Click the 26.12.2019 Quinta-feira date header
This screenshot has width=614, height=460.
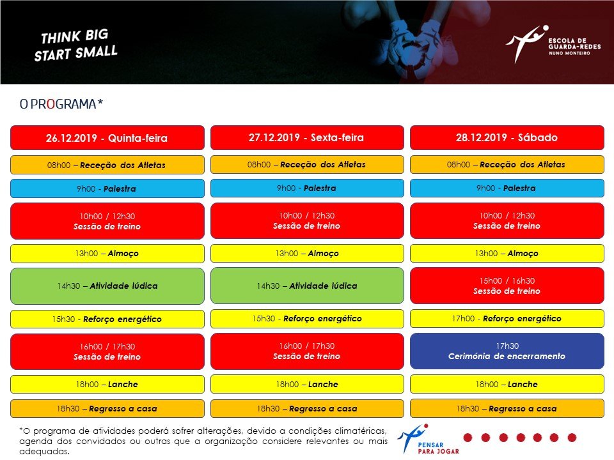click(107, 138)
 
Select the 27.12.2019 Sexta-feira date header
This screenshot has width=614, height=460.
click(307, 138)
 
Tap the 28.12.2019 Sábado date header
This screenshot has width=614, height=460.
click(507, 138)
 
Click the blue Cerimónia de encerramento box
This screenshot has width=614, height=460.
click(507, 351)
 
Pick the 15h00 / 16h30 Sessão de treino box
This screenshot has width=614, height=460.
click(507, 286)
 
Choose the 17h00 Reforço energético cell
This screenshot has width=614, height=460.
click(507, 318)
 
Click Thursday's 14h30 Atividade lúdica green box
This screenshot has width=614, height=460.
click(107, 286)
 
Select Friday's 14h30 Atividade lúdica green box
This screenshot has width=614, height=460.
click(307, 286)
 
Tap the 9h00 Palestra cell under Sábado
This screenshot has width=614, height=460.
click(507, 188)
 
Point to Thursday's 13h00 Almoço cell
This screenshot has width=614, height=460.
click(107, 254)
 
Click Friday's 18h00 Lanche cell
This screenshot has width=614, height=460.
click(307, 384)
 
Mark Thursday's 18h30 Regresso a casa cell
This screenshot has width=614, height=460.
click(107, 408)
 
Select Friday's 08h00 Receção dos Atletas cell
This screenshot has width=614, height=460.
click(307, 165)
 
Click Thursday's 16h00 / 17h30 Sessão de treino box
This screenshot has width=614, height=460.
click(107, 351)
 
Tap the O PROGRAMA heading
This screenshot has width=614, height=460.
click(61, 104)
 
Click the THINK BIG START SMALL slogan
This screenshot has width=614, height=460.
click(75, 45)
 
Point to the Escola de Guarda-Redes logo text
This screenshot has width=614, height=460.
click(574, 47)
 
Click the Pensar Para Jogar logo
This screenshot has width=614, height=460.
click(428, 439)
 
